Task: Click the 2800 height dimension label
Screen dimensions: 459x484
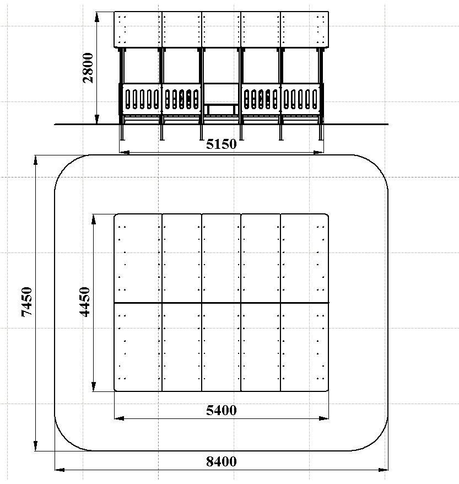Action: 88,68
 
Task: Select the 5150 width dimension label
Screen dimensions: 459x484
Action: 221,144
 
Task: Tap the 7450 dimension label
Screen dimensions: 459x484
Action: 27,302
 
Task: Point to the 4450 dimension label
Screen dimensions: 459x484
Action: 84,302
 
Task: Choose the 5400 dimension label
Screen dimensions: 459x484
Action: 221,410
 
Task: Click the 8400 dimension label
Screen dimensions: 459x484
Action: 221,461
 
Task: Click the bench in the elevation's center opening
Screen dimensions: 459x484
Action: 221,109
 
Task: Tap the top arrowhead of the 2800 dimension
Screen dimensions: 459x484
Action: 97,17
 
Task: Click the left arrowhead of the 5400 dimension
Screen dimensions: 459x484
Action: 119,418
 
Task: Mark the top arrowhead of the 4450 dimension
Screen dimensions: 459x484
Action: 94,219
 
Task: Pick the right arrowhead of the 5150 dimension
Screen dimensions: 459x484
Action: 318,152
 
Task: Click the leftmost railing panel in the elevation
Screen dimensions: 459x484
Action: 142,99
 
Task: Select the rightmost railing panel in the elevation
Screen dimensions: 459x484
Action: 300,99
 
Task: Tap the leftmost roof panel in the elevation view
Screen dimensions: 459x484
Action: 138,30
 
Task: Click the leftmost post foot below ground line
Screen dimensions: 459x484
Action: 122,132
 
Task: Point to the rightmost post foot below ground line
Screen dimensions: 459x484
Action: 321,132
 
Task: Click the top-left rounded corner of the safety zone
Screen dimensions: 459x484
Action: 66,166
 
